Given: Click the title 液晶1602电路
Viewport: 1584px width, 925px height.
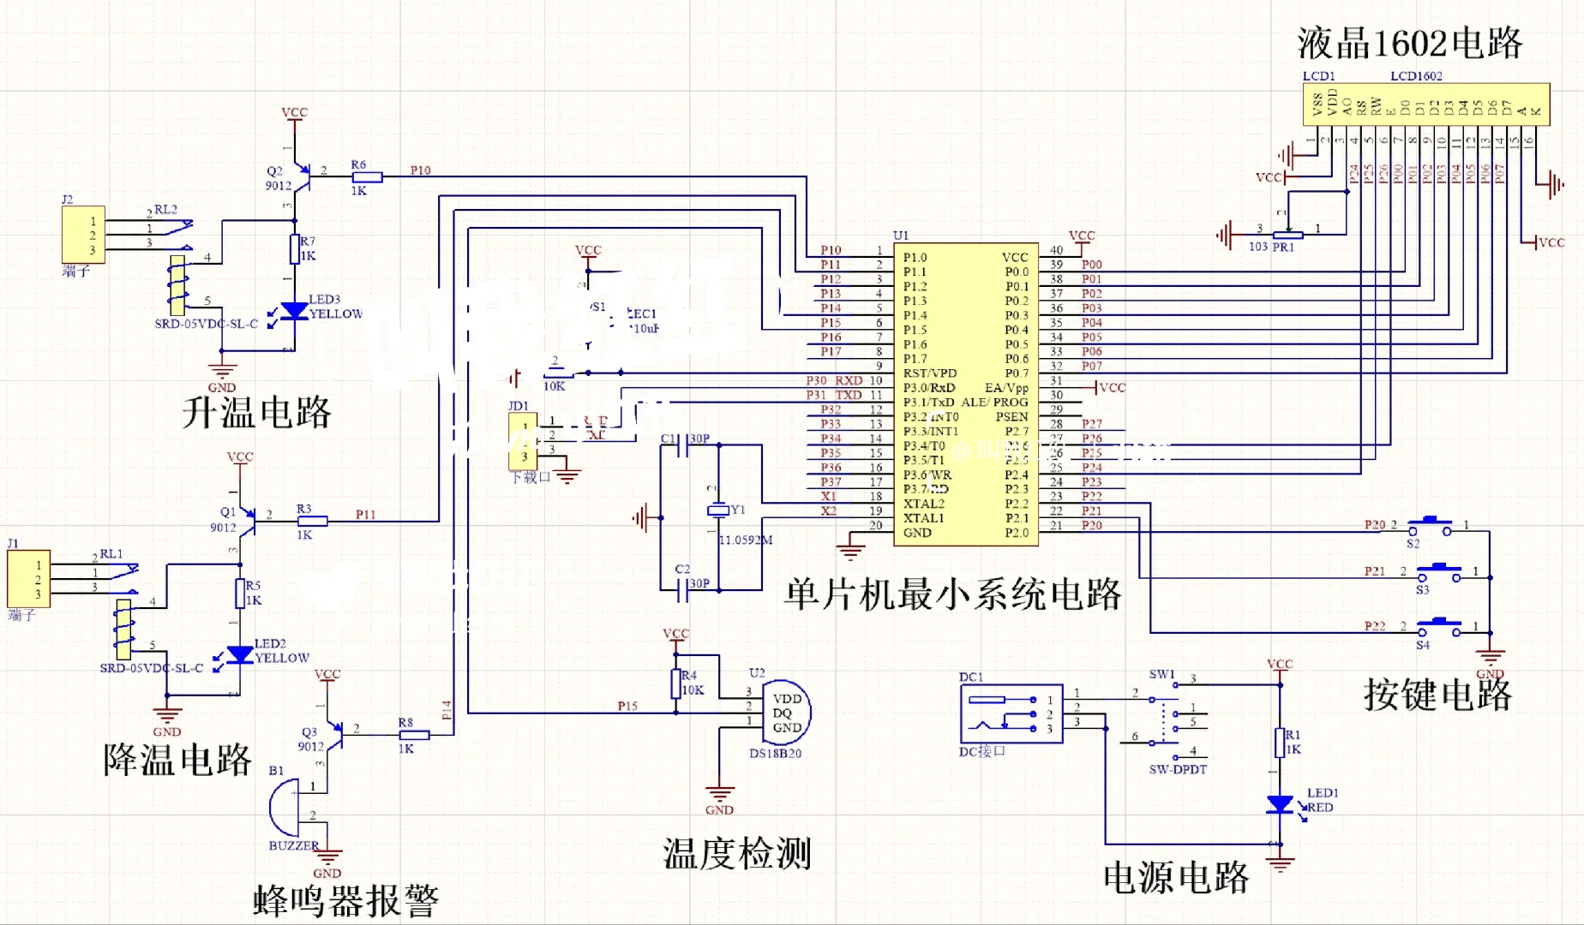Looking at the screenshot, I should (x=1409, y=43).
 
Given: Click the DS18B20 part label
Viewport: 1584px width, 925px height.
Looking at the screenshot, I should (x=775, y=754).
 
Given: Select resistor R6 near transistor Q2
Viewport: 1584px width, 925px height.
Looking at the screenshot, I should (x=367, y=177).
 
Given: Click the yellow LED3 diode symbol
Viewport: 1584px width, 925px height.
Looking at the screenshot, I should (x=295, y=311).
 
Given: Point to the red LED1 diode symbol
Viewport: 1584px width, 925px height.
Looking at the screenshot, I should (x=1280, y=804).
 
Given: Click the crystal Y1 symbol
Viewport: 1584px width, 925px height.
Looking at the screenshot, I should (x=718, y=510).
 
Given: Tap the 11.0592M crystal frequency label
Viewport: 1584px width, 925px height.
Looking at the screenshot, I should (x=745, y=540).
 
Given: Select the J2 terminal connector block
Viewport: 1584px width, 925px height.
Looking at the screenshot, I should (x=83, y=234).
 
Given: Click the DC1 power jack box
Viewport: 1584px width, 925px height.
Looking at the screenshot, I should (x=1011, y=713).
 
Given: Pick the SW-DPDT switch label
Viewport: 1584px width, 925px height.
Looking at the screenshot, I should (x=1178, y=770).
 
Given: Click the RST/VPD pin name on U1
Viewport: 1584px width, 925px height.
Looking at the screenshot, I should (x=930, y=373).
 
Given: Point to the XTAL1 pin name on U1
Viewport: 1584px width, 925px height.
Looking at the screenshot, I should (x=923, y=518).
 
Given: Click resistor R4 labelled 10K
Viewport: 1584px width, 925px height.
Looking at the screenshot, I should (x=676, y=683).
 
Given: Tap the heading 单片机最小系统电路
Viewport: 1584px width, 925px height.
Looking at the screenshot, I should (x=952, y=594).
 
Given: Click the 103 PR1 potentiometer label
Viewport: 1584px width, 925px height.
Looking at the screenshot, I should (x=1271, y=248).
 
